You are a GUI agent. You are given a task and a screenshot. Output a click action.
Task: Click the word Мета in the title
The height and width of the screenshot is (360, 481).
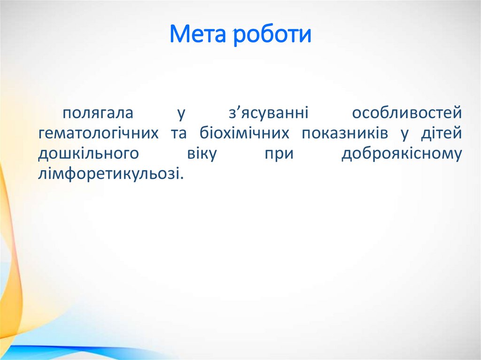point(197,35)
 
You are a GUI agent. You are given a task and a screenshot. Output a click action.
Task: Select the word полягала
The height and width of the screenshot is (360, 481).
point(98,113)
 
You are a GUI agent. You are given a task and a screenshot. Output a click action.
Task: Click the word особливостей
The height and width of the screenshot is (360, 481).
point(407,113)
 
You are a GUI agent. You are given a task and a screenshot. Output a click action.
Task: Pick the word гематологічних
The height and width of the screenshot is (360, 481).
point(98,134)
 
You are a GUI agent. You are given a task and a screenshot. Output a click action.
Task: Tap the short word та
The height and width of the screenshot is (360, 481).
point(178,134)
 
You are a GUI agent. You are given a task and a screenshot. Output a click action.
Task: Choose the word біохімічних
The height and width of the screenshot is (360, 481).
point(244,134)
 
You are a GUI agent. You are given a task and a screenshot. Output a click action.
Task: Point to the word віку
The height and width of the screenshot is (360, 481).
point(202,154)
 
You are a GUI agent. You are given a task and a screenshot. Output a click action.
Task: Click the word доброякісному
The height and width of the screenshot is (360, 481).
point(402,154)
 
